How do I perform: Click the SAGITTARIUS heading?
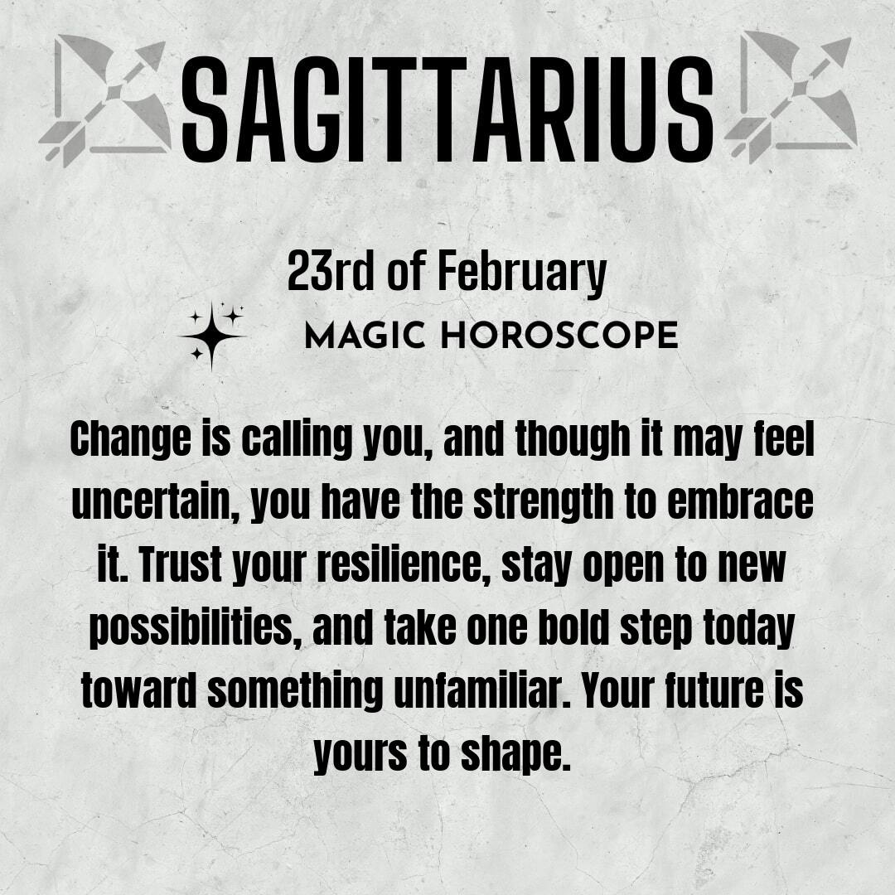[x=447, y=109]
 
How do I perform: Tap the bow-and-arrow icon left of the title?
[x=105, y=100]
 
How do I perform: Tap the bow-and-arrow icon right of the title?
[x=791, y=97]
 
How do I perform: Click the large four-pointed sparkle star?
[x=211, y=336]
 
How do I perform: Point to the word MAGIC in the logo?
[x=365, y=335]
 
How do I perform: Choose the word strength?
[x=543, y=502]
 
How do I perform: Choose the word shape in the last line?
[x=515, y=753]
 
